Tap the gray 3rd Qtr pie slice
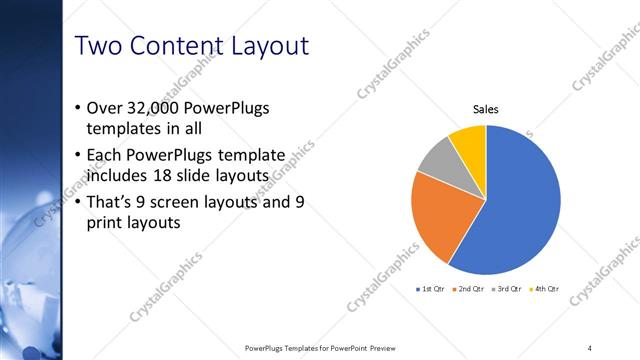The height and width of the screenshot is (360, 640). (x=437, y=165)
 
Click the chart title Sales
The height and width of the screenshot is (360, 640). (x=486, y=110)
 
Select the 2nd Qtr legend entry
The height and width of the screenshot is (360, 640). (x=469, y=289)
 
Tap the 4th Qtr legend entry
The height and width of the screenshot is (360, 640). (x=545, y=289)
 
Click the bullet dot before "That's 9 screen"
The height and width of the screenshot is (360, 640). (x=79, y=201)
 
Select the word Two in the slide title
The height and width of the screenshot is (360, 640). (x=99, y=46)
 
